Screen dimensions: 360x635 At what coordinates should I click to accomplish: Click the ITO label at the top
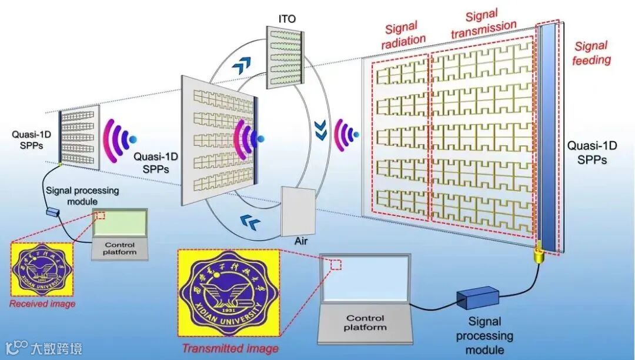(288, 19)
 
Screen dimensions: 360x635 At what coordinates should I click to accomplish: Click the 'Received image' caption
(42, 304)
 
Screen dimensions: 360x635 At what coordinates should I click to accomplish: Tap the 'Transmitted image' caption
(221, 348)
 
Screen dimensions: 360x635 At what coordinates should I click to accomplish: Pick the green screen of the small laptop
(121, 223)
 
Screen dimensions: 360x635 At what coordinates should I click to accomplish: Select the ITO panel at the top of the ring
(283, 57)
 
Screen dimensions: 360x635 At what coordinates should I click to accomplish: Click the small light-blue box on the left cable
(54, 211)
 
